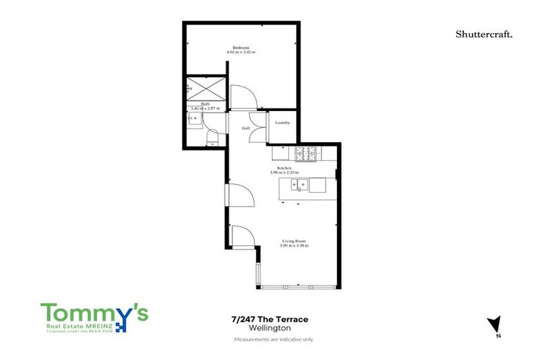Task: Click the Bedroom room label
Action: (x=241, y=47)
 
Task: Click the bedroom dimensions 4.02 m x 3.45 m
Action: (x=241, y=52)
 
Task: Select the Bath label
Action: (x=205, y=104)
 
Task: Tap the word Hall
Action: (x=246, y=129)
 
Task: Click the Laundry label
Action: (x=283, y=123)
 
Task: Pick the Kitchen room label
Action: (x=284, y=168)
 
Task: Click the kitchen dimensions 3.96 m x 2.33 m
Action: (x=284, y=172)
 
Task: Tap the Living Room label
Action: (x=292, y=241)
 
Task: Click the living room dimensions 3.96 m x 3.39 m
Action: (x=292, y=245)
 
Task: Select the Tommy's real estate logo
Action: (x=94, y=317)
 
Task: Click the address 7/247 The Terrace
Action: (x=269, y=320)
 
